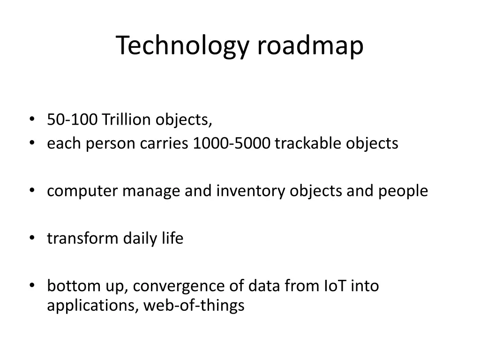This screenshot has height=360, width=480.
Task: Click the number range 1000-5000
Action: (232, 143)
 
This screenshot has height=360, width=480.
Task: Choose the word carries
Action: (165, 143)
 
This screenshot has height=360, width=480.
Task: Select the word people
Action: (404, 191)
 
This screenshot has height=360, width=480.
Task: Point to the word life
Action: (172, 239)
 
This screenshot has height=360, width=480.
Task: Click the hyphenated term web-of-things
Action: (194, 306)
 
